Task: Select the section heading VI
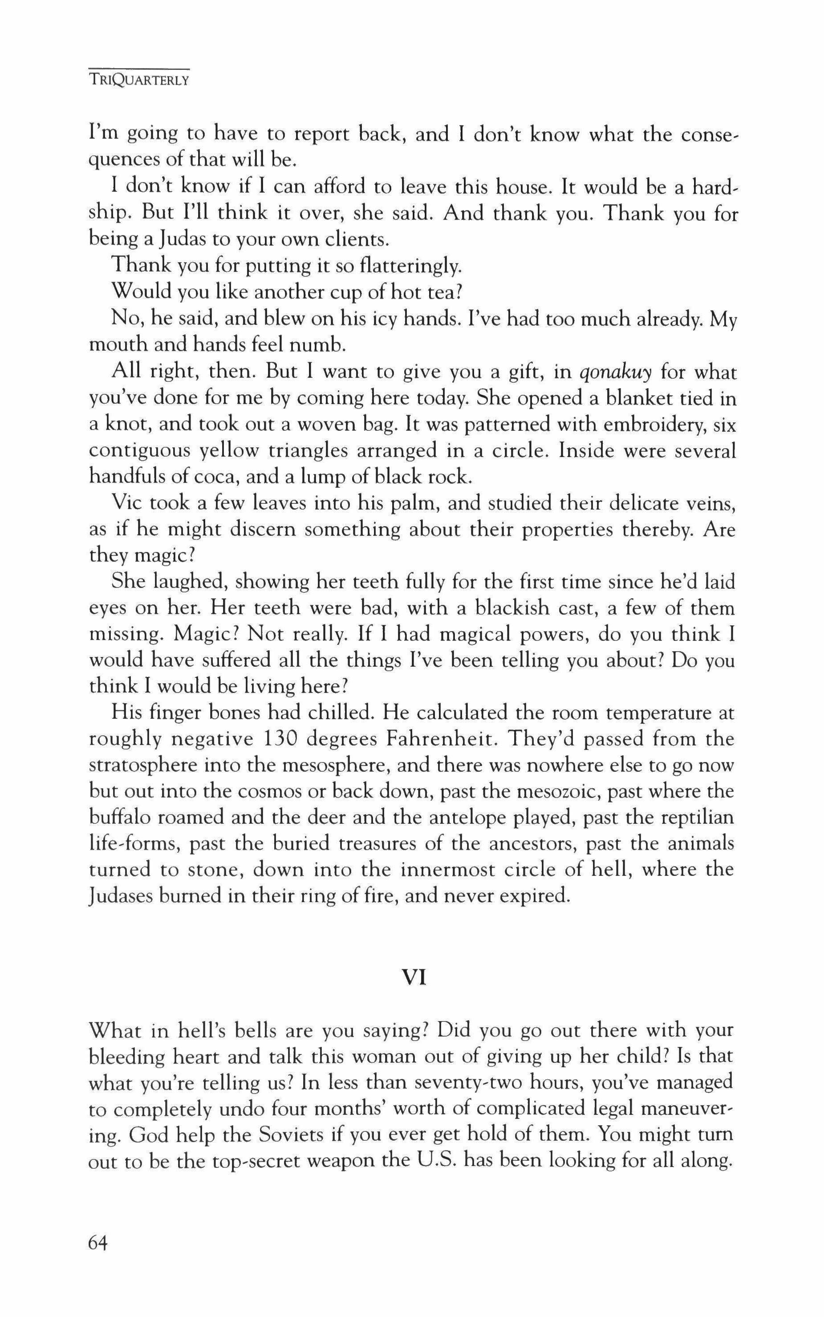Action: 413,978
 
